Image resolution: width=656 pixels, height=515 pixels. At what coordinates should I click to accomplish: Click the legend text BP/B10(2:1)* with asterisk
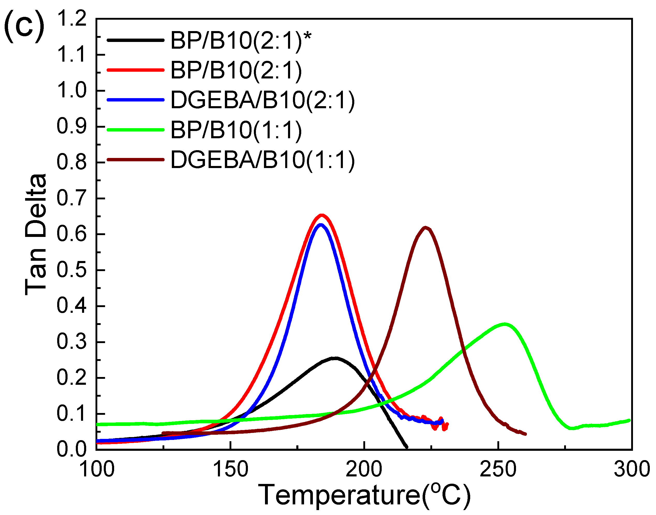point(240,40)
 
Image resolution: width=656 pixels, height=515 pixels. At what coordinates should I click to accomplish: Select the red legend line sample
point(136,70)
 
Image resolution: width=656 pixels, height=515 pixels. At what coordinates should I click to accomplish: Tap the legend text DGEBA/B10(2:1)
point(262,100)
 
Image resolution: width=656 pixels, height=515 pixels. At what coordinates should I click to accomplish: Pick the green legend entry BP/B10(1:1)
point(236,130)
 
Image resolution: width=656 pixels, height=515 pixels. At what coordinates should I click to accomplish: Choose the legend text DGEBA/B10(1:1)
point(262,160)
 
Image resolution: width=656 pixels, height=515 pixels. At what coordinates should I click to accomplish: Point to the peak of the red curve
point(322,215)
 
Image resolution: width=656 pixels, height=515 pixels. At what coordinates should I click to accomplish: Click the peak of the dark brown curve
point(425,228)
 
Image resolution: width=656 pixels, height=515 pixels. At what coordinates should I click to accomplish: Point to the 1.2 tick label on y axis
point(72,19)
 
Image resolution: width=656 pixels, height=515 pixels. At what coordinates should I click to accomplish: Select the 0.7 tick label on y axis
point(72,198)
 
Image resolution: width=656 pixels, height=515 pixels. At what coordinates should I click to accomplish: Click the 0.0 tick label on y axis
point(72,449)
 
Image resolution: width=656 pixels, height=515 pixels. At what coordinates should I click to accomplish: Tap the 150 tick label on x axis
point(231,469)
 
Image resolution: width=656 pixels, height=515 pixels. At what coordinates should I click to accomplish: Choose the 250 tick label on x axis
point(498,469)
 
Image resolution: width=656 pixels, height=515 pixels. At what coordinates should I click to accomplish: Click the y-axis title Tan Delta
point(35,234)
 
